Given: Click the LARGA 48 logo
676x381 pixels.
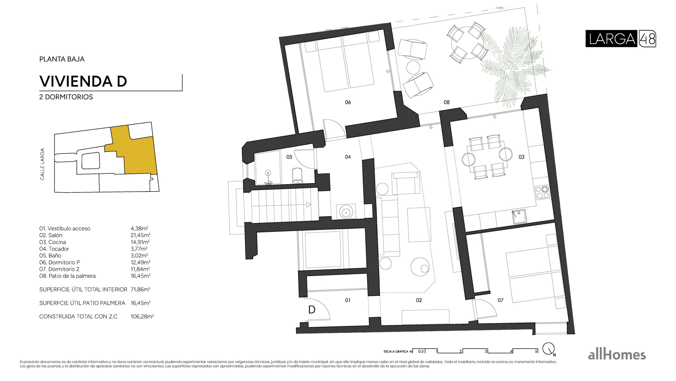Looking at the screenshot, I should click(x=620, y=39).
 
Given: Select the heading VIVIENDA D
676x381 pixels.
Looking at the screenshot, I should click(x=83, y=81).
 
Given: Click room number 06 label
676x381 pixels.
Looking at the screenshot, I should click(x=348, y=102).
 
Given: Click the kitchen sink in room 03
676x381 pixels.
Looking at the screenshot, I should click(x=519, y=216).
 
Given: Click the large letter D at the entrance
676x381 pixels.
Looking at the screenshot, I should click(x=312, y=310).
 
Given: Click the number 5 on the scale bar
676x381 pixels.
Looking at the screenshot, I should click(x=536, y=351).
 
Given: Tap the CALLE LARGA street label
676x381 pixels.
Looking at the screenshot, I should click(x=42, y=164).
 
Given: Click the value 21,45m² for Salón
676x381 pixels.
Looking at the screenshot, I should click(x=140, y=235).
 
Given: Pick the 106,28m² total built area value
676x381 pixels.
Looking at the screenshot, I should click(x=142, y=316).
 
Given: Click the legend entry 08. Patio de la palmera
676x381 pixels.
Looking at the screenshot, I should click(x=67, y=276).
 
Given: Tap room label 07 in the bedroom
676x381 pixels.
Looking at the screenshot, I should click(x=500, y=300).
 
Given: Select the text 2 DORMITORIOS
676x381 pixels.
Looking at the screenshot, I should click(x=66, y=97).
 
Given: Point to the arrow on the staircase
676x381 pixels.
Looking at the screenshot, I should click(x=308, y=204).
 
